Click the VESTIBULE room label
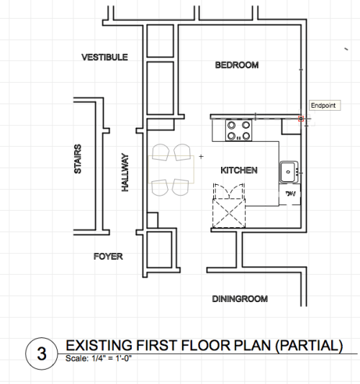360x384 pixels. (x=104, y=57)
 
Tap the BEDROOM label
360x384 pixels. (x=236, y=65)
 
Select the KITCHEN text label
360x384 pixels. (x=239, y=170)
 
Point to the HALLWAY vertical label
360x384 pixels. (x=125, y=171)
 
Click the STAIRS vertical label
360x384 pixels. (x=78, y=158)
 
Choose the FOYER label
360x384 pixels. (x=109, y=256)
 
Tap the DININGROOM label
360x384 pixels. (x=240, y=298)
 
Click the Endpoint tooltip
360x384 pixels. (x=323, y=106)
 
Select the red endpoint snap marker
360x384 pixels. (x=300, y=118)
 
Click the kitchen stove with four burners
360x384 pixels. (x=239, y=130)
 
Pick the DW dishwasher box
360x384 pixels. (x=291, y=194)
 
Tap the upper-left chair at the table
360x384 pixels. (x=160, y=152)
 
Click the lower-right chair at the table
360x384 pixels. (x=180, y=187)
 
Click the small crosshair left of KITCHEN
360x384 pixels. (x=202, y=156)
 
